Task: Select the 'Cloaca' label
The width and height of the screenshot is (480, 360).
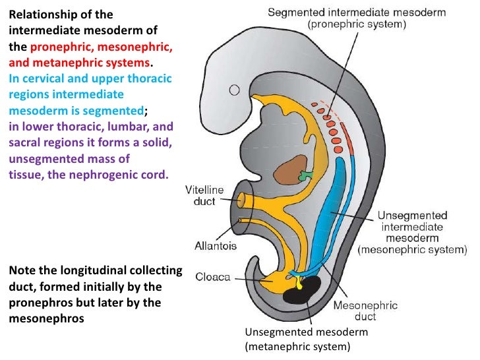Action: tap(212, 277)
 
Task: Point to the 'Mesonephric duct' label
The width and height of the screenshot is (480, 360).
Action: tap(356, 312)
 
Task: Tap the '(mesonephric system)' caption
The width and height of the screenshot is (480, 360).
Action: tap(412, 250)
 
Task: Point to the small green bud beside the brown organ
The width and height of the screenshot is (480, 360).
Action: tap(306, 177)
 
